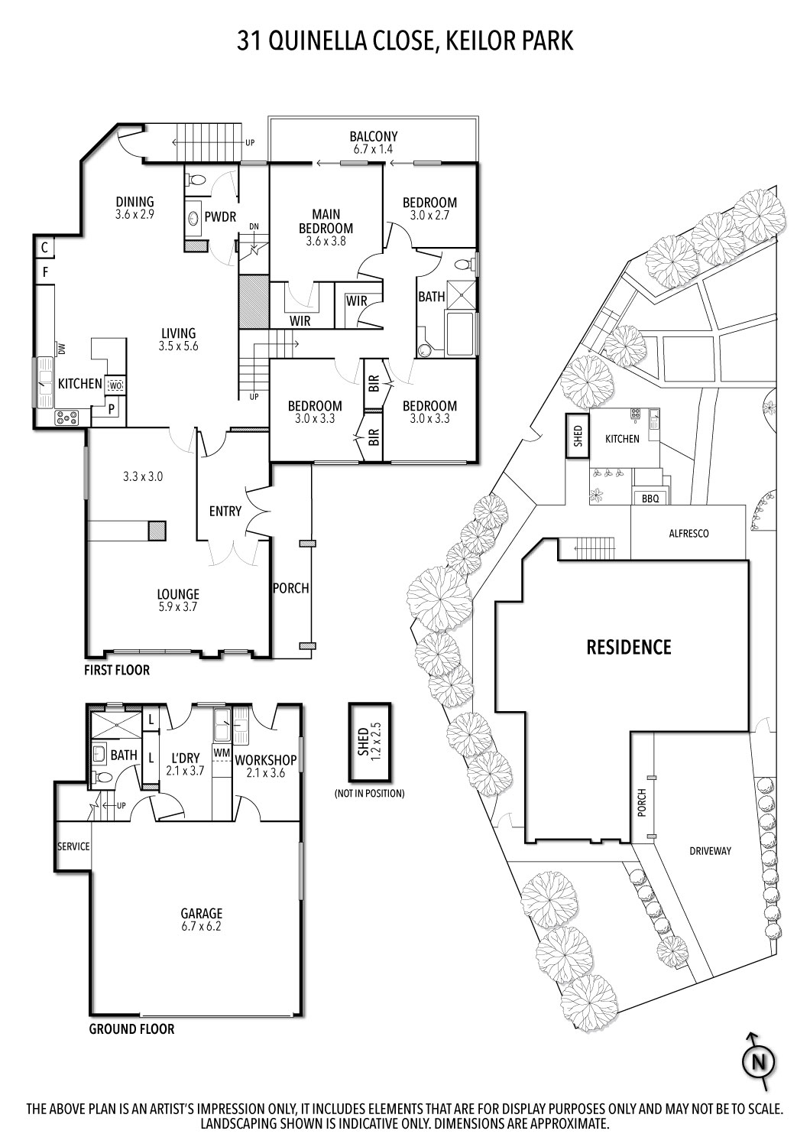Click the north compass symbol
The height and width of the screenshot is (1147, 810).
click(x=758, y=1061)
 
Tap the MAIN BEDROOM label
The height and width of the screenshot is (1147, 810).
click(x=326, y=228)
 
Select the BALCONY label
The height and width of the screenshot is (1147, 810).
click(x=374, y=143)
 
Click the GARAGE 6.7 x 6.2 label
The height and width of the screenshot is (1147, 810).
click(x=201, y=919)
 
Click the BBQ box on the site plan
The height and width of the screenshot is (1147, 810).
click(x=650, y=498)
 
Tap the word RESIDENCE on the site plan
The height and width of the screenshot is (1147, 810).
click(x=628, y=647)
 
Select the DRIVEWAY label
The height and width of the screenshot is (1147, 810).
click(x=710, y=850)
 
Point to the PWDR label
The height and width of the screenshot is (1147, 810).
click(x=220, y=217)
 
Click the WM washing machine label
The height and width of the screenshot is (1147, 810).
click(x=222, y=754)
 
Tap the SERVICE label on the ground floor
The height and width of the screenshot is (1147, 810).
click(x=73, y=846)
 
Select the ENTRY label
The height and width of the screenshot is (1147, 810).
click(x=225, y=511)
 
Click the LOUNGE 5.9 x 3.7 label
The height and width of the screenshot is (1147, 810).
click(x=178, y=600)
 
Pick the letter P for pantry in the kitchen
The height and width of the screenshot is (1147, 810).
click(x=112, y=409)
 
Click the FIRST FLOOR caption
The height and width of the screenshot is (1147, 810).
click(x=117, y=671)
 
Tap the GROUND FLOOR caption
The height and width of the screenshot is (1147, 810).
click(x=131, y=1028)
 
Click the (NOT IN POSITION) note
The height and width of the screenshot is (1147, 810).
click(x=369, y=794)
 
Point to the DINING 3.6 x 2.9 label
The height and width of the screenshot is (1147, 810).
click(x=135, y=208)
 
